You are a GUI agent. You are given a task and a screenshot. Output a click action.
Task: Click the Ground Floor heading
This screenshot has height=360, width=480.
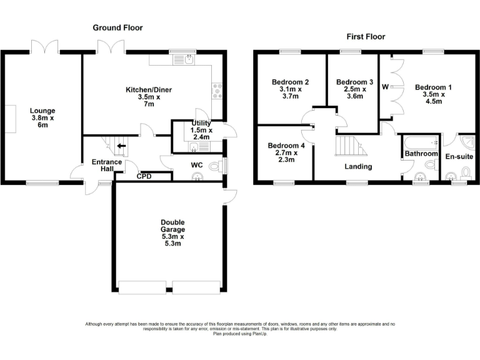tap(117, 27)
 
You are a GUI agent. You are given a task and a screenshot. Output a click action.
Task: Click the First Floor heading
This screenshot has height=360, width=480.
tap(366, 37)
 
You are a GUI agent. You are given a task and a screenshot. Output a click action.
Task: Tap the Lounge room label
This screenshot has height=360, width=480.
tap(42, 117)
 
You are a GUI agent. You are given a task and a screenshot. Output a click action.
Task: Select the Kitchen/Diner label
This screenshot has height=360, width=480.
tap(149, 97)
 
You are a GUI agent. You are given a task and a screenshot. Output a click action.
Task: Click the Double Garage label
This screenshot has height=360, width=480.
tap(172, 232)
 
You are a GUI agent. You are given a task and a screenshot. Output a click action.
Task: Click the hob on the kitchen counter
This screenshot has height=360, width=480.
tap(217, 91)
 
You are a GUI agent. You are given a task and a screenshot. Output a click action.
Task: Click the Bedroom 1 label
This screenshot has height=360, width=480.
tap(434, 95)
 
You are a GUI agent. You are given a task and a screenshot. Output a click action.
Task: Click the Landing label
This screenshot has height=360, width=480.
tap(358, 166)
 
